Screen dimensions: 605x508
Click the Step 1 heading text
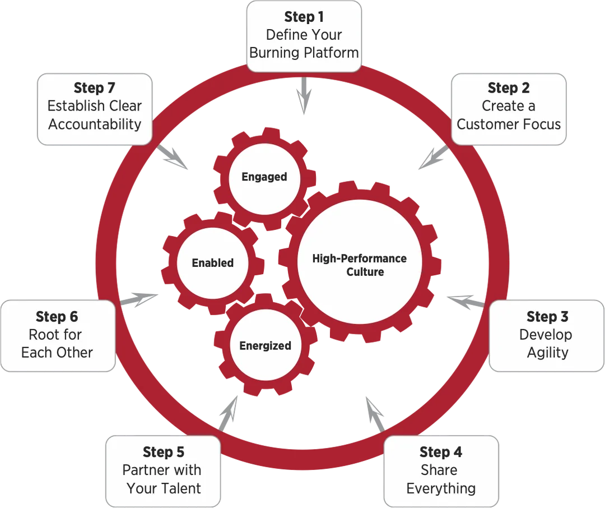click(x=304, y=17)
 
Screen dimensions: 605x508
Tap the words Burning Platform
click(x=304, y=53)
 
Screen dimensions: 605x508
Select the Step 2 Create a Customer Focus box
click(x=509, y=109)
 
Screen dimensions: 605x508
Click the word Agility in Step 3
click(x=547, y=353)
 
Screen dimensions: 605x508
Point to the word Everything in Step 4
click(x=441, y=488)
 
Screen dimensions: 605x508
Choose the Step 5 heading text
click(x=164, y=452)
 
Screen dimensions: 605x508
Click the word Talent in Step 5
click(x=181, y=488)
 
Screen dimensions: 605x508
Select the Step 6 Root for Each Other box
click(x=58, y=336)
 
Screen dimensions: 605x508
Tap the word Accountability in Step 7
click(x=95, y=124)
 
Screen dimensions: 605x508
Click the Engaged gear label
click(x=264, y=177)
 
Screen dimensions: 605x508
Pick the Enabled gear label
click(x=213, y=263)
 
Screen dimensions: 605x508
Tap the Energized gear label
click(x=265, y=346)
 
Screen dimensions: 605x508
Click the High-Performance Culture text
click(x=359, y=265)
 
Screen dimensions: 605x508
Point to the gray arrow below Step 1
click(x=304, y=95)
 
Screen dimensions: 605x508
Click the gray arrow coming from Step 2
click(x=434, y=157)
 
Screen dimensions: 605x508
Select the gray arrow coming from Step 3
click(x=466, y=301)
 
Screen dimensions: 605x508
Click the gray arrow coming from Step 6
click(x=139, y=299)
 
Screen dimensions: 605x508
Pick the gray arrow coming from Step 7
click(x=172, y=157)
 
